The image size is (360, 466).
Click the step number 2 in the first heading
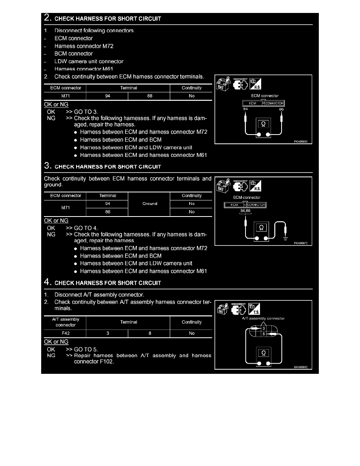tap(47, 18)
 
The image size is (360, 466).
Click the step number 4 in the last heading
tap(47, 282)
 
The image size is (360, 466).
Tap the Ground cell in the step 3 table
tap(149, 204)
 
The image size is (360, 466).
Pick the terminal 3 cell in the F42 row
tap(107, 333)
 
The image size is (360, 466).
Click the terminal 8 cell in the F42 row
tap(149, 333)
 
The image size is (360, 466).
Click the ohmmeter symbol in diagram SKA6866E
tap(263, 353)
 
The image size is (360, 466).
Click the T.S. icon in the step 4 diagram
tap(255, 309)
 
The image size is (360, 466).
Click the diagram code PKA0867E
tap(302, 243)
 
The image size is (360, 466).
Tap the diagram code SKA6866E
tap(302, 367)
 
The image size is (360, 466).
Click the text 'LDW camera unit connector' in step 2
tap(89, 61)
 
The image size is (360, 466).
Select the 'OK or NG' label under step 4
tap(56, 342)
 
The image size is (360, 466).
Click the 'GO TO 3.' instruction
tap(86, 111)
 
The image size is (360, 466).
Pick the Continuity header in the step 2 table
tap(191, 88)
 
